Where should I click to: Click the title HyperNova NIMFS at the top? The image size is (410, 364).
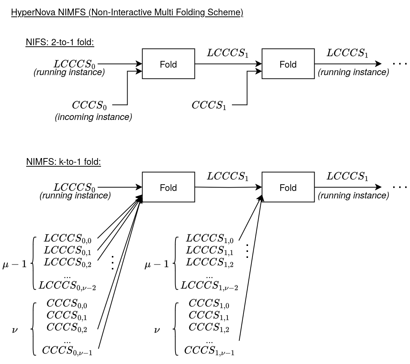(127, 12)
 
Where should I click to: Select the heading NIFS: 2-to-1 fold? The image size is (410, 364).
(59, 42)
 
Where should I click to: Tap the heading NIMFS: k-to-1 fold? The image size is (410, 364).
(63, 162)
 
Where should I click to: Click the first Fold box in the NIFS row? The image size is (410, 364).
(168, 64)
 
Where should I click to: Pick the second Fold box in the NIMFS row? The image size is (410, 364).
(288, 187)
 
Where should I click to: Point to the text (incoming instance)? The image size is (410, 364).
(94, 117)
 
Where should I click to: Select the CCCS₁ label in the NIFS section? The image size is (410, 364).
(209, 105)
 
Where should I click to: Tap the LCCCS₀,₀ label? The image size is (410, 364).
(68, 238)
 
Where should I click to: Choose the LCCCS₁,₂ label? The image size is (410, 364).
(209, 263)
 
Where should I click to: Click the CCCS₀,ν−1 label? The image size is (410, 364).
(67, 351)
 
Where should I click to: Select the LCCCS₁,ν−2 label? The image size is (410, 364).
(209, 286)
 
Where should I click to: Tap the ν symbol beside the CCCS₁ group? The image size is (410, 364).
(157, 330)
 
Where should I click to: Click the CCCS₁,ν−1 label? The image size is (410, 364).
(209, 351)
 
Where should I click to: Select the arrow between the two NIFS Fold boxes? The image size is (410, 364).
(228, 64)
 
